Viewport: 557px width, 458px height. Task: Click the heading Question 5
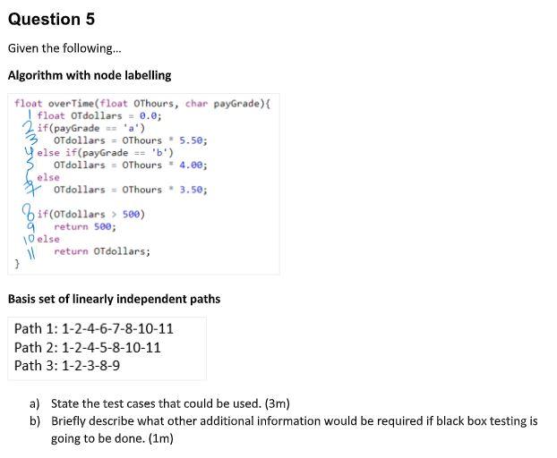[x=51, y=19]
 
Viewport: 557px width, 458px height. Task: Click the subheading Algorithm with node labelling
[x=89, y=75]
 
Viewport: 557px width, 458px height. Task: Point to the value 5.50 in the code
[x=193, y=140]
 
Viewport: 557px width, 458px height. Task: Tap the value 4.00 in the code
[x=193, y=165]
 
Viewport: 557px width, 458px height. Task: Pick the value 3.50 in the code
[x=193, y=190]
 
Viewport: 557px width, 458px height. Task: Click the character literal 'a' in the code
[x=134, y=128]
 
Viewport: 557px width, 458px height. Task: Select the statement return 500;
[x=85, y=227]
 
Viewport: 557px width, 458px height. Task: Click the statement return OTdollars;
[x=101, y=251]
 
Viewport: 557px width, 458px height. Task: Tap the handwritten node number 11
[x=29, y=252]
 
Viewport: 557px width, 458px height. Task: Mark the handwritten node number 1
[x=30, y=114]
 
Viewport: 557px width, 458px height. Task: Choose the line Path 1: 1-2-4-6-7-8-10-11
[x=94, y=328]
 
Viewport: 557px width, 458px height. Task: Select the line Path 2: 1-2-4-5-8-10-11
[x=88, y=347]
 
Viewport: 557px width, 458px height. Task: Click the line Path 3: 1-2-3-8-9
[x=67, y=365]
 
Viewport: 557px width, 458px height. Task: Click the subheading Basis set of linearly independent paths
[x=114, y=299]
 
